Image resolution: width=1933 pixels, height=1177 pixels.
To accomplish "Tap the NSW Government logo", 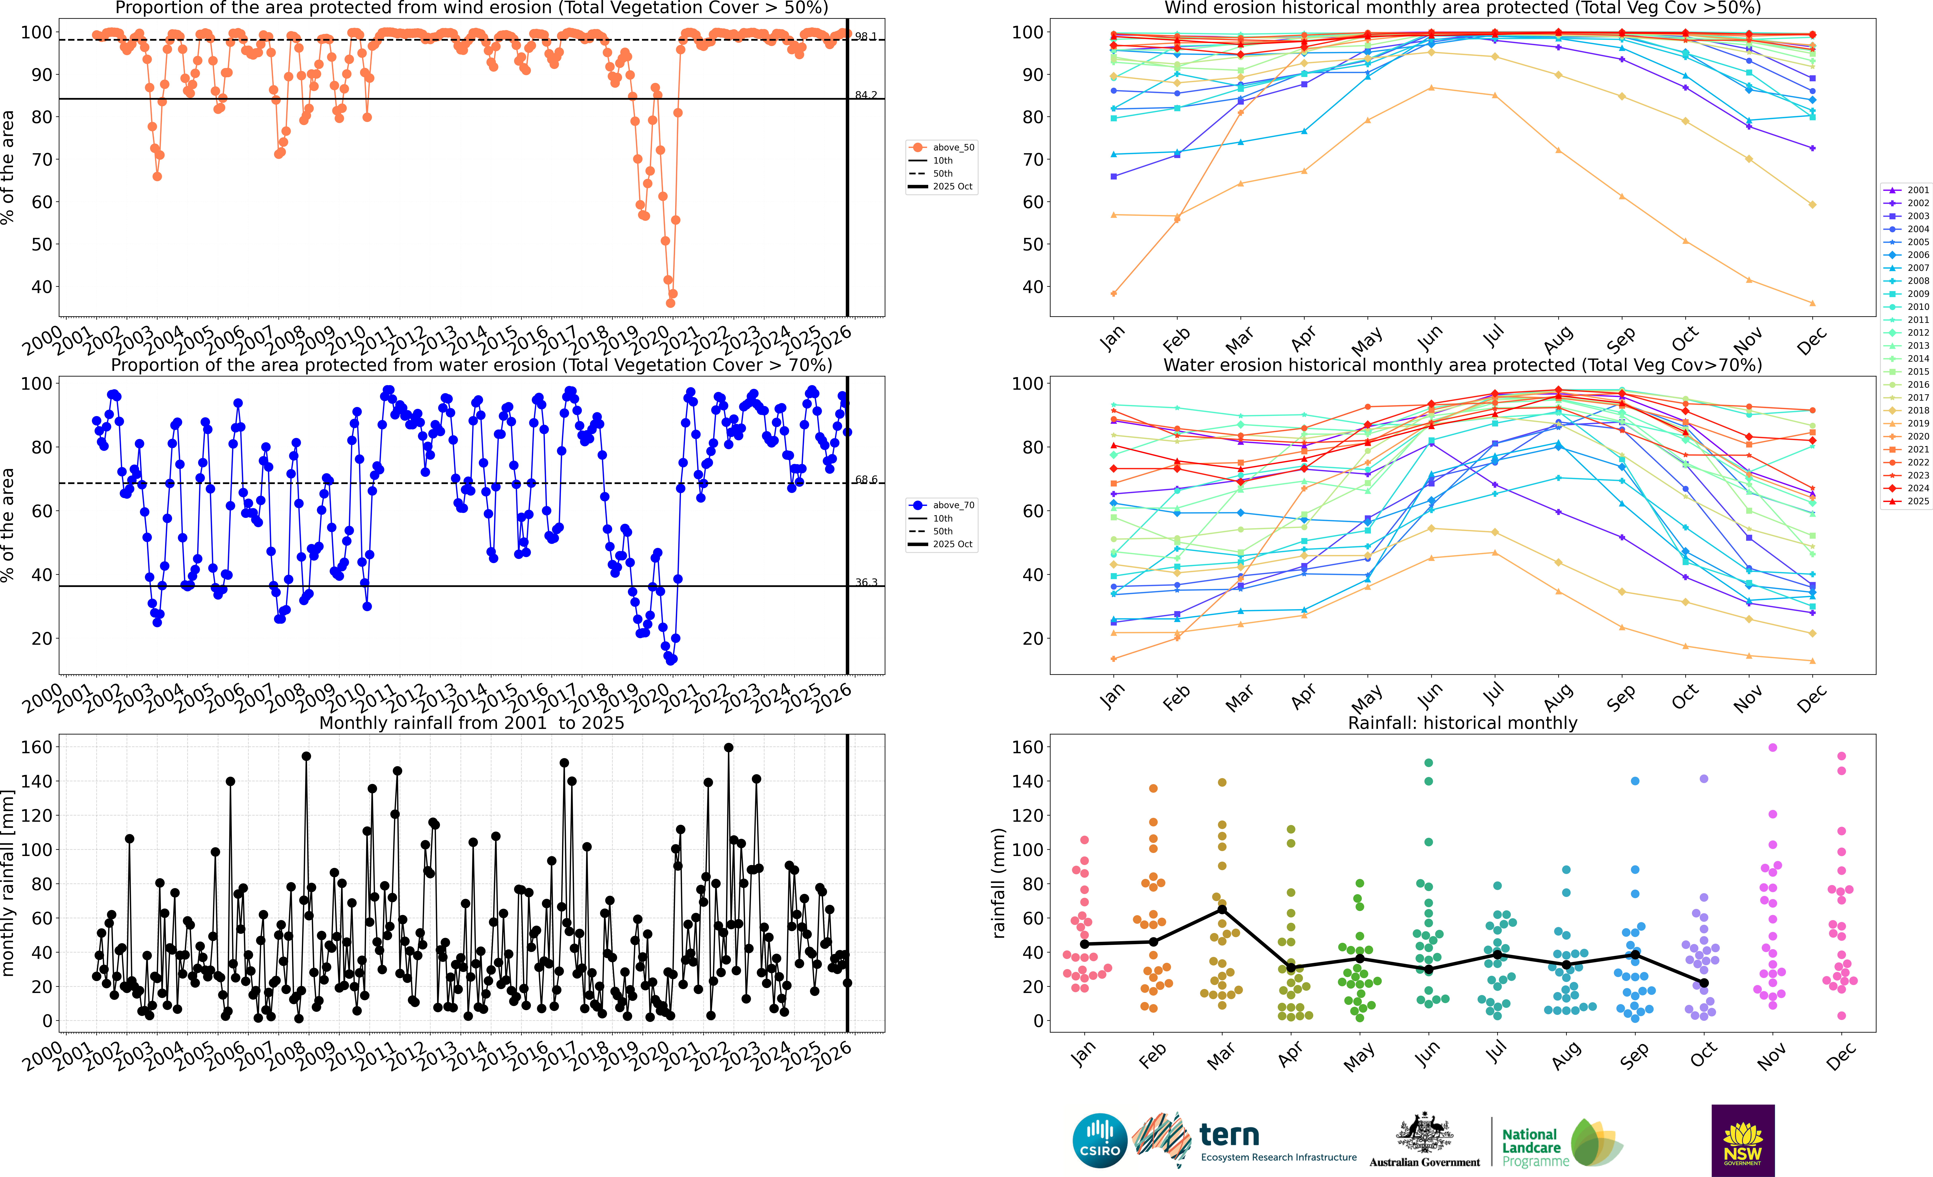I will coord(1742,1140).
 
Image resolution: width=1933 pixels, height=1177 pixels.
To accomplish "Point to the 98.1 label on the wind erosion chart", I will coord(866,37).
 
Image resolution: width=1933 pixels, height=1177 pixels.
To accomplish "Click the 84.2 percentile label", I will coord(866,95).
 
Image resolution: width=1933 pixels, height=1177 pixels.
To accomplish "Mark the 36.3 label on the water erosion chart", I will coord(866,582).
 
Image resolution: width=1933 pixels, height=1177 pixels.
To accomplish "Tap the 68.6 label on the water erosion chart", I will coord(866,479).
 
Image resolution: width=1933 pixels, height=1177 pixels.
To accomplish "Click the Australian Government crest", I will coord(1424,1134).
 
